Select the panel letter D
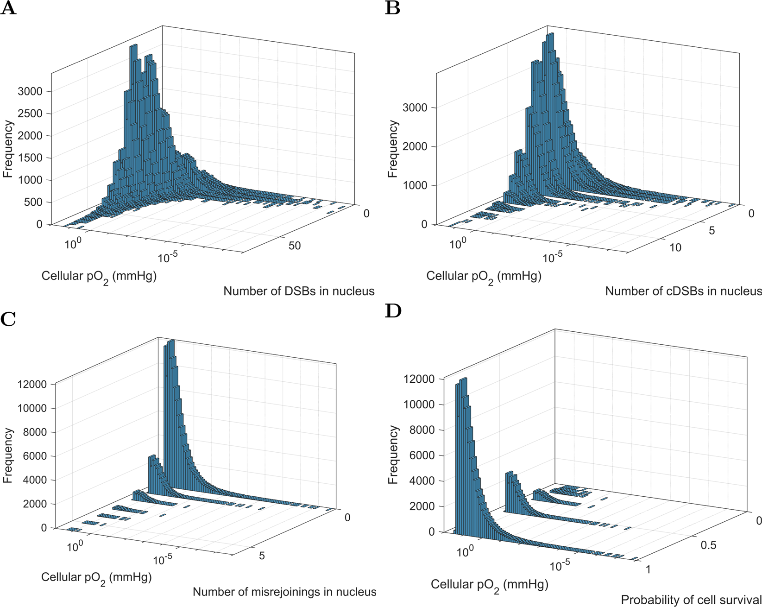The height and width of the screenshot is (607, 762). tap(393, 311)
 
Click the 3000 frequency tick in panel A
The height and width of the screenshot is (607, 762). tap(30, 91)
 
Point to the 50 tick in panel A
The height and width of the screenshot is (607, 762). tap(295, 246)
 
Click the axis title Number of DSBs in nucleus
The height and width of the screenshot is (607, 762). tap(299, 291)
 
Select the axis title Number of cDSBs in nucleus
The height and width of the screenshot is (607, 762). tap(683, 291)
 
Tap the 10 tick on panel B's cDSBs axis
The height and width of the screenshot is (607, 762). tap(675, 247)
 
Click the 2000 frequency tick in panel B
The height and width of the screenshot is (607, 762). tap(415, 146)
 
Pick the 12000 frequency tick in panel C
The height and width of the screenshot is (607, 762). tap(31, 384)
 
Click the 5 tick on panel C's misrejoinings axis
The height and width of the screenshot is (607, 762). tap(262, 555)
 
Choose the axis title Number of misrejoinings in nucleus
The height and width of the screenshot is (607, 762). tap(284, 592)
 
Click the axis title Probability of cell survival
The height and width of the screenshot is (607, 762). tap(691, 600)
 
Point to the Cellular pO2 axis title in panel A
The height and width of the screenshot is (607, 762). tap(99, 277)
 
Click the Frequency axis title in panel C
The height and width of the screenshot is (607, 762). tap(7, 455)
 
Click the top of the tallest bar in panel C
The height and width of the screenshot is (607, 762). tap(170, 341)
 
